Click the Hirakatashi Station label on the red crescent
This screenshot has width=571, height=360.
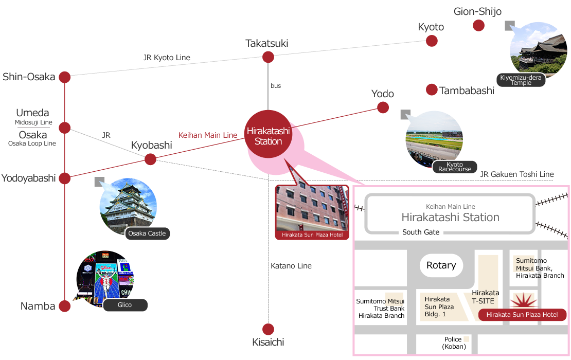268,136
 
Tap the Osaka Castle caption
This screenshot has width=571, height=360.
147,233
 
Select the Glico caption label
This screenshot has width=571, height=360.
125,305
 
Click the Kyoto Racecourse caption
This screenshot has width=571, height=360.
455,167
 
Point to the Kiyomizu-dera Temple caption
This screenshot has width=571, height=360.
521,80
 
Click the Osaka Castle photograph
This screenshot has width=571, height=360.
128,206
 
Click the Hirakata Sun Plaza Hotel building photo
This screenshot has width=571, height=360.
312,208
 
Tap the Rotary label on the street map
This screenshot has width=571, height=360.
441,265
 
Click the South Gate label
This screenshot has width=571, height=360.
421,232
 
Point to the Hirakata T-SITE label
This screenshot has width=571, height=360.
486,297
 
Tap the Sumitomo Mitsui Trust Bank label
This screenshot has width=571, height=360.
381,308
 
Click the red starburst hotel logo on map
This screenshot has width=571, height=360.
524,299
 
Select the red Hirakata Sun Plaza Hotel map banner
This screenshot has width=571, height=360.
522,315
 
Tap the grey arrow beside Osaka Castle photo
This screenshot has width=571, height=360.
99,182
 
